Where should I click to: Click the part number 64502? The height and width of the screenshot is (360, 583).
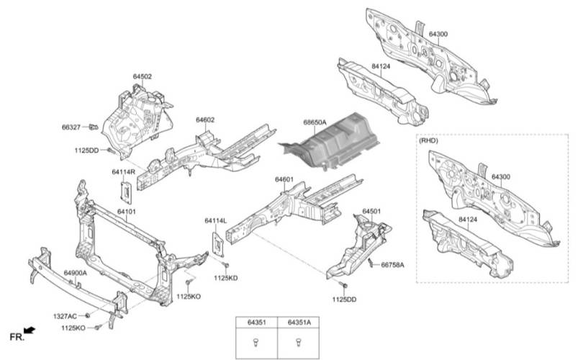pos(142,76)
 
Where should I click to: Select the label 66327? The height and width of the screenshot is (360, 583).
pos(71,127)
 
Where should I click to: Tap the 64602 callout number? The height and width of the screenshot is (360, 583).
pos(204,120)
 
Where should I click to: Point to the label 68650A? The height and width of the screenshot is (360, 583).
pos(314,123)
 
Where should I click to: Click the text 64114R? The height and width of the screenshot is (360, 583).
pos(123,172)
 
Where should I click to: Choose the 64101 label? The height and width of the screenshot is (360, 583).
pos(127,212)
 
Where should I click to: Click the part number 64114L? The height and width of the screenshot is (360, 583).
pos(215,220)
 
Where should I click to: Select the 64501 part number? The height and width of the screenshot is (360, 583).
pos(371,211)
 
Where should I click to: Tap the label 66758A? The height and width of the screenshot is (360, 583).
pos(392,265)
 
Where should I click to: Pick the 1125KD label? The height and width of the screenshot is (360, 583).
pos(225,277)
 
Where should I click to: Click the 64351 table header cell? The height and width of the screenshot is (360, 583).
pos(258,323)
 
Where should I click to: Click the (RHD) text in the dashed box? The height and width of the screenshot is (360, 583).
pos(428,142)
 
